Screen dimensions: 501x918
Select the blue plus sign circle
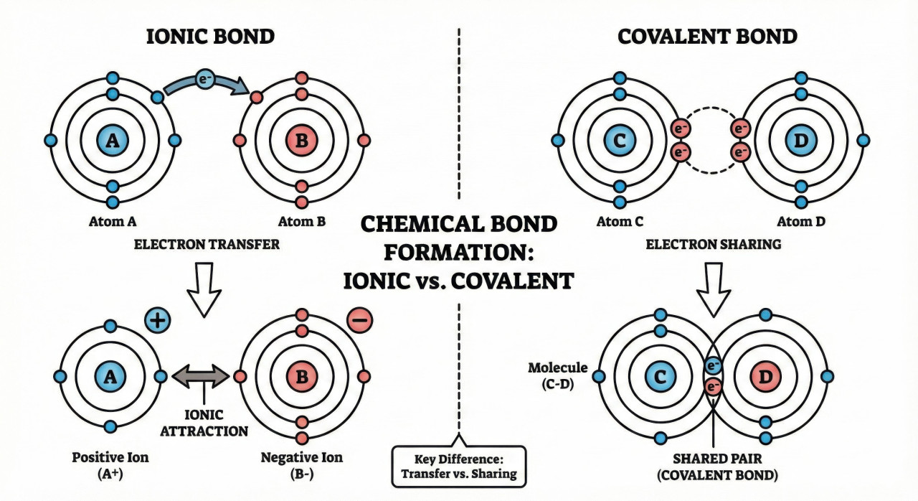tap(159, 321)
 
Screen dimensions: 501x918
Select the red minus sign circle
tap(361, 321)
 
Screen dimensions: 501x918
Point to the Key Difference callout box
tap(459, 467)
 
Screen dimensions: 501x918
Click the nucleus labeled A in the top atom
tap(112, 140)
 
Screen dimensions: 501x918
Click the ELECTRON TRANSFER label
tap(206, 245)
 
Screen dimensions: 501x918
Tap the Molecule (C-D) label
tap(557, 375)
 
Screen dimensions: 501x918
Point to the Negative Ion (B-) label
tap(301, 464)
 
